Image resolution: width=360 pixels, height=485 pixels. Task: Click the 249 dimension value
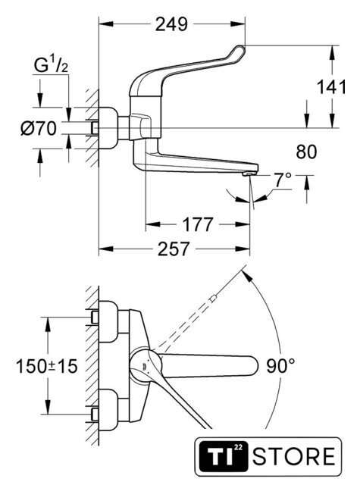point(171,24)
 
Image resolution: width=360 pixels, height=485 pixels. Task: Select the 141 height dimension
point(331,87)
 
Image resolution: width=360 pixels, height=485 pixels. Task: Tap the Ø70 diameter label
point(39,128)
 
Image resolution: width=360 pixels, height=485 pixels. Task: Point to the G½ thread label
point(51,66)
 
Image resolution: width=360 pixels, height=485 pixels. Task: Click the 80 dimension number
point(306,152)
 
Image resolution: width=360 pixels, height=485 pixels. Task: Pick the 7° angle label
point(283,180)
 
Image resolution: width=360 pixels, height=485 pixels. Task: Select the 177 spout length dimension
point(198,224)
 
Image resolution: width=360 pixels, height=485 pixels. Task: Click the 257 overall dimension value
point(174,249)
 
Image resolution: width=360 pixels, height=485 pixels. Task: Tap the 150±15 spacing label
point(47,366)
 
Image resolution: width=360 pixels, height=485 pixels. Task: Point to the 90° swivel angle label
point(280,366)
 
